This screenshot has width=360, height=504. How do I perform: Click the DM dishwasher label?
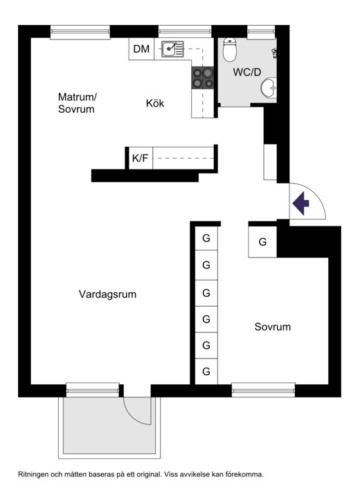(x=141, y=48)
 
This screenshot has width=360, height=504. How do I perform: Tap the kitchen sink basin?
(x=169, y=48)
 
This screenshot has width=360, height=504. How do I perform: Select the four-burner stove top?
(x=203, y=78)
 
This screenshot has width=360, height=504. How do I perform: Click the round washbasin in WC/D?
(x=268, y=88)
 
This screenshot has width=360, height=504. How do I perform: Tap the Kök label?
(x=155, y=104)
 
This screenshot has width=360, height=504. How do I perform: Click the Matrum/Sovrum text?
(x=76, y=103)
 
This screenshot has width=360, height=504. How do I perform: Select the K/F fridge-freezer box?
(x=140, y=158)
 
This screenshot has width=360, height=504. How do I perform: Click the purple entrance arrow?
(x=300, y=204)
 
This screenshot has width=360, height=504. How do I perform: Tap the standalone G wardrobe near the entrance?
(x=262, y=242)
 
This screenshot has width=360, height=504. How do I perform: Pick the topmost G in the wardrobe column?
(x=206, y=238)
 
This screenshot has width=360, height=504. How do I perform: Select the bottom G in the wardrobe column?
(x=206, y=372)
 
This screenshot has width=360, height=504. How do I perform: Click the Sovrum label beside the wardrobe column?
(x=272, y=327)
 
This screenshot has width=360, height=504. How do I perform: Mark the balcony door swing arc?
(x=138, y=411)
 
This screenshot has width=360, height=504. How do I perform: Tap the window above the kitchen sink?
(x=184, y=31)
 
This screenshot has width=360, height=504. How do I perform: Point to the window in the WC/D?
(x=261, y=30)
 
